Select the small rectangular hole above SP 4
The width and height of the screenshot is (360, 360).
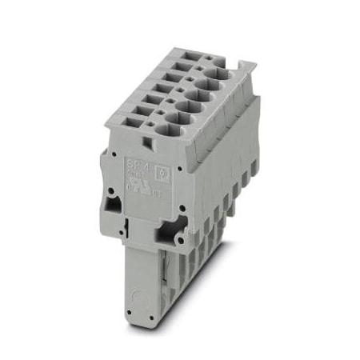pos(146,141)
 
